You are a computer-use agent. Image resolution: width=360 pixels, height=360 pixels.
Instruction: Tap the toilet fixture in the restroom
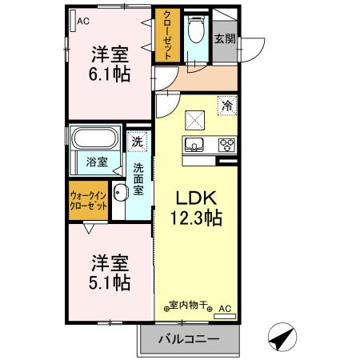point(196,33)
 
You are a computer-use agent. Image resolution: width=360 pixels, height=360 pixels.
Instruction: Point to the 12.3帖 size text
point(195,217)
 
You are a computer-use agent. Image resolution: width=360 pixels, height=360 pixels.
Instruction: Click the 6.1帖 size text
point(110,75)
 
